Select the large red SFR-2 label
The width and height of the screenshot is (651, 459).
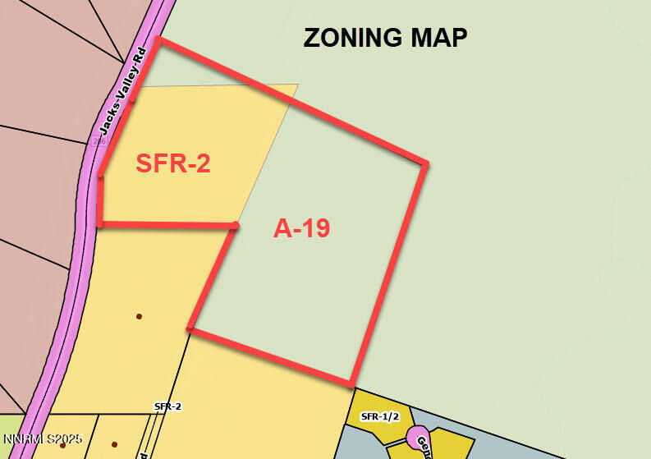click(x=173, y=163)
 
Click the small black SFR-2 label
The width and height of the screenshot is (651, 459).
click(x=167, y=406)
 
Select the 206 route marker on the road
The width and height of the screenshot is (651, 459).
click(x=99, y=141)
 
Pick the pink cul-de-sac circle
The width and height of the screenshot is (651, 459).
click(x=417, y=435)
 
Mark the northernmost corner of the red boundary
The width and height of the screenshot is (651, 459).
click(x=158, y=39)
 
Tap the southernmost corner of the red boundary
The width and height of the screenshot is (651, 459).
click(x=351, y=383)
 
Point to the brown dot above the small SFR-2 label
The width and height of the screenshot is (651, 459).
click(x=139, y=316)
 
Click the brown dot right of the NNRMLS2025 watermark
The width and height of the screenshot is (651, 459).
click(x=114, y=444)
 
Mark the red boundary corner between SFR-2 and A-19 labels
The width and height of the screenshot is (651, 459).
click(x=236, y=225)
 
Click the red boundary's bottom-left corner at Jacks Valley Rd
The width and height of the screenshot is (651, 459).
click(x=99, y=223)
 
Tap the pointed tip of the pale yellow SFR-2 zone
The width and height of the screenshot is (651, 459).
click(x=297, y=85)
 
